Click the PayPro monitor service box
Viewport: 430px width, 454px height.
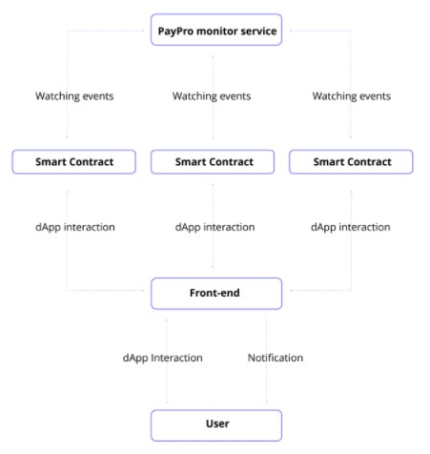coord(216,30)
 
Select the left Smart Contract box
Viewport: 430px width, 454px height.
coord(74,162)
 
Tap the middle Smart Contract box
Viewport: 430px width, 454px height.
coord(213,162)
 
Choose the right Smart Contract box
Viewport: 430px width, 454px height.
coord(351,162)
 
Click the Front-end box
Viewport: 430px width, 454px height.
coord(216,294)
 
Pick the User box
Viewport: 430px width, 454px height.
coord(216,425)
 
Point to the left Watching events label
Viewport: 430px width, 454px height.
coord(74,96)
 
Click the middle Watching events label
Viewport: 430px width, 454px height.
coord(212,96)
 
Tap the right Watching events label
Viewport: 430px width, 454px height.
coord(352,96)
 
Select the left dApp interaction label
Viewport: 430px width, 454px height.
coord(75,227)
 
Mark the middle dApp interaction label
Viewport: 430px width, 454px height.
coord(215,227)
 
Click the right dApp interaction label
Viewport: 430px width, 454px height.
coord(351,227)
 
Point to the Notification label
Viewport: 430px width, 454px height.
coord(276,358)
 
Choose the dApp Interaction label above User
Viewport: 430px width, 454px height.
coord(162,358)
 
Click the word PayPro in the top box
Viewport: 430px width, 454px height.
coord(175,31)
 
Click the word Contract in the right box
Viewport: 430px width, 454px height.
coord(370,162)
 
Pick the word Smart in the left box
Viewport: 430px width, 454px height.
coord(51,162)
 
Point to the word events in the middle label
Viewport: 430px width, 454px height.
coord(235,96)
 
